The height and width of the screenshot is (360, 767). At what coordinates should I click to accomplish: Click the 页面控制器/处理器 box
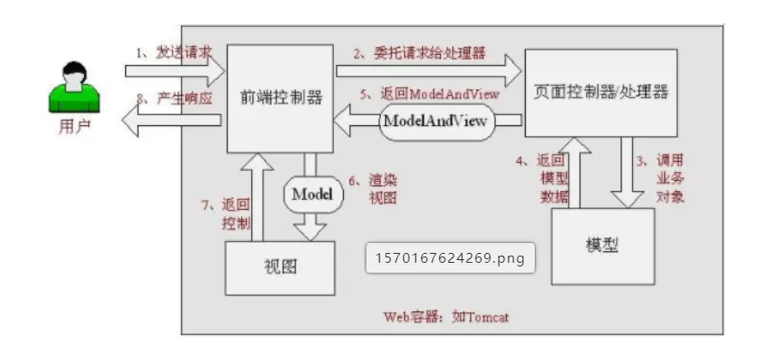tap(600, 92)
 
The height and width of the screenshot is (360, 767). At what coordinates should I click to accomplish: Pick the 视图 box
tap(280, 267)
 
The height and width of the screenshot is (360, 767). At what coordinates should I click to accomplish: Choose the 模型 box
tap(602, 246)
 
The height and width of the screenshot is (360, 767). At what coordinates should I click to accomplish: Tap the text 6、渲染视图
tap(372, 188)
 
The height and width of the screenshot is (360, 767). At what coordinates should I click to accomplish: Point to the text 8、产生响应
tap(175, 97)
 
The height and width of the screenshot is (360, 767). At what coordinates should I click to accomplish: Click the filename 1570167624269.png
tap(451, 257)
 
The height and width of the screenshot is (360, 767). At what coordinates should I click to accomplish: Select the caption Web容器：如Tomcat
tap(446, 317)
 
